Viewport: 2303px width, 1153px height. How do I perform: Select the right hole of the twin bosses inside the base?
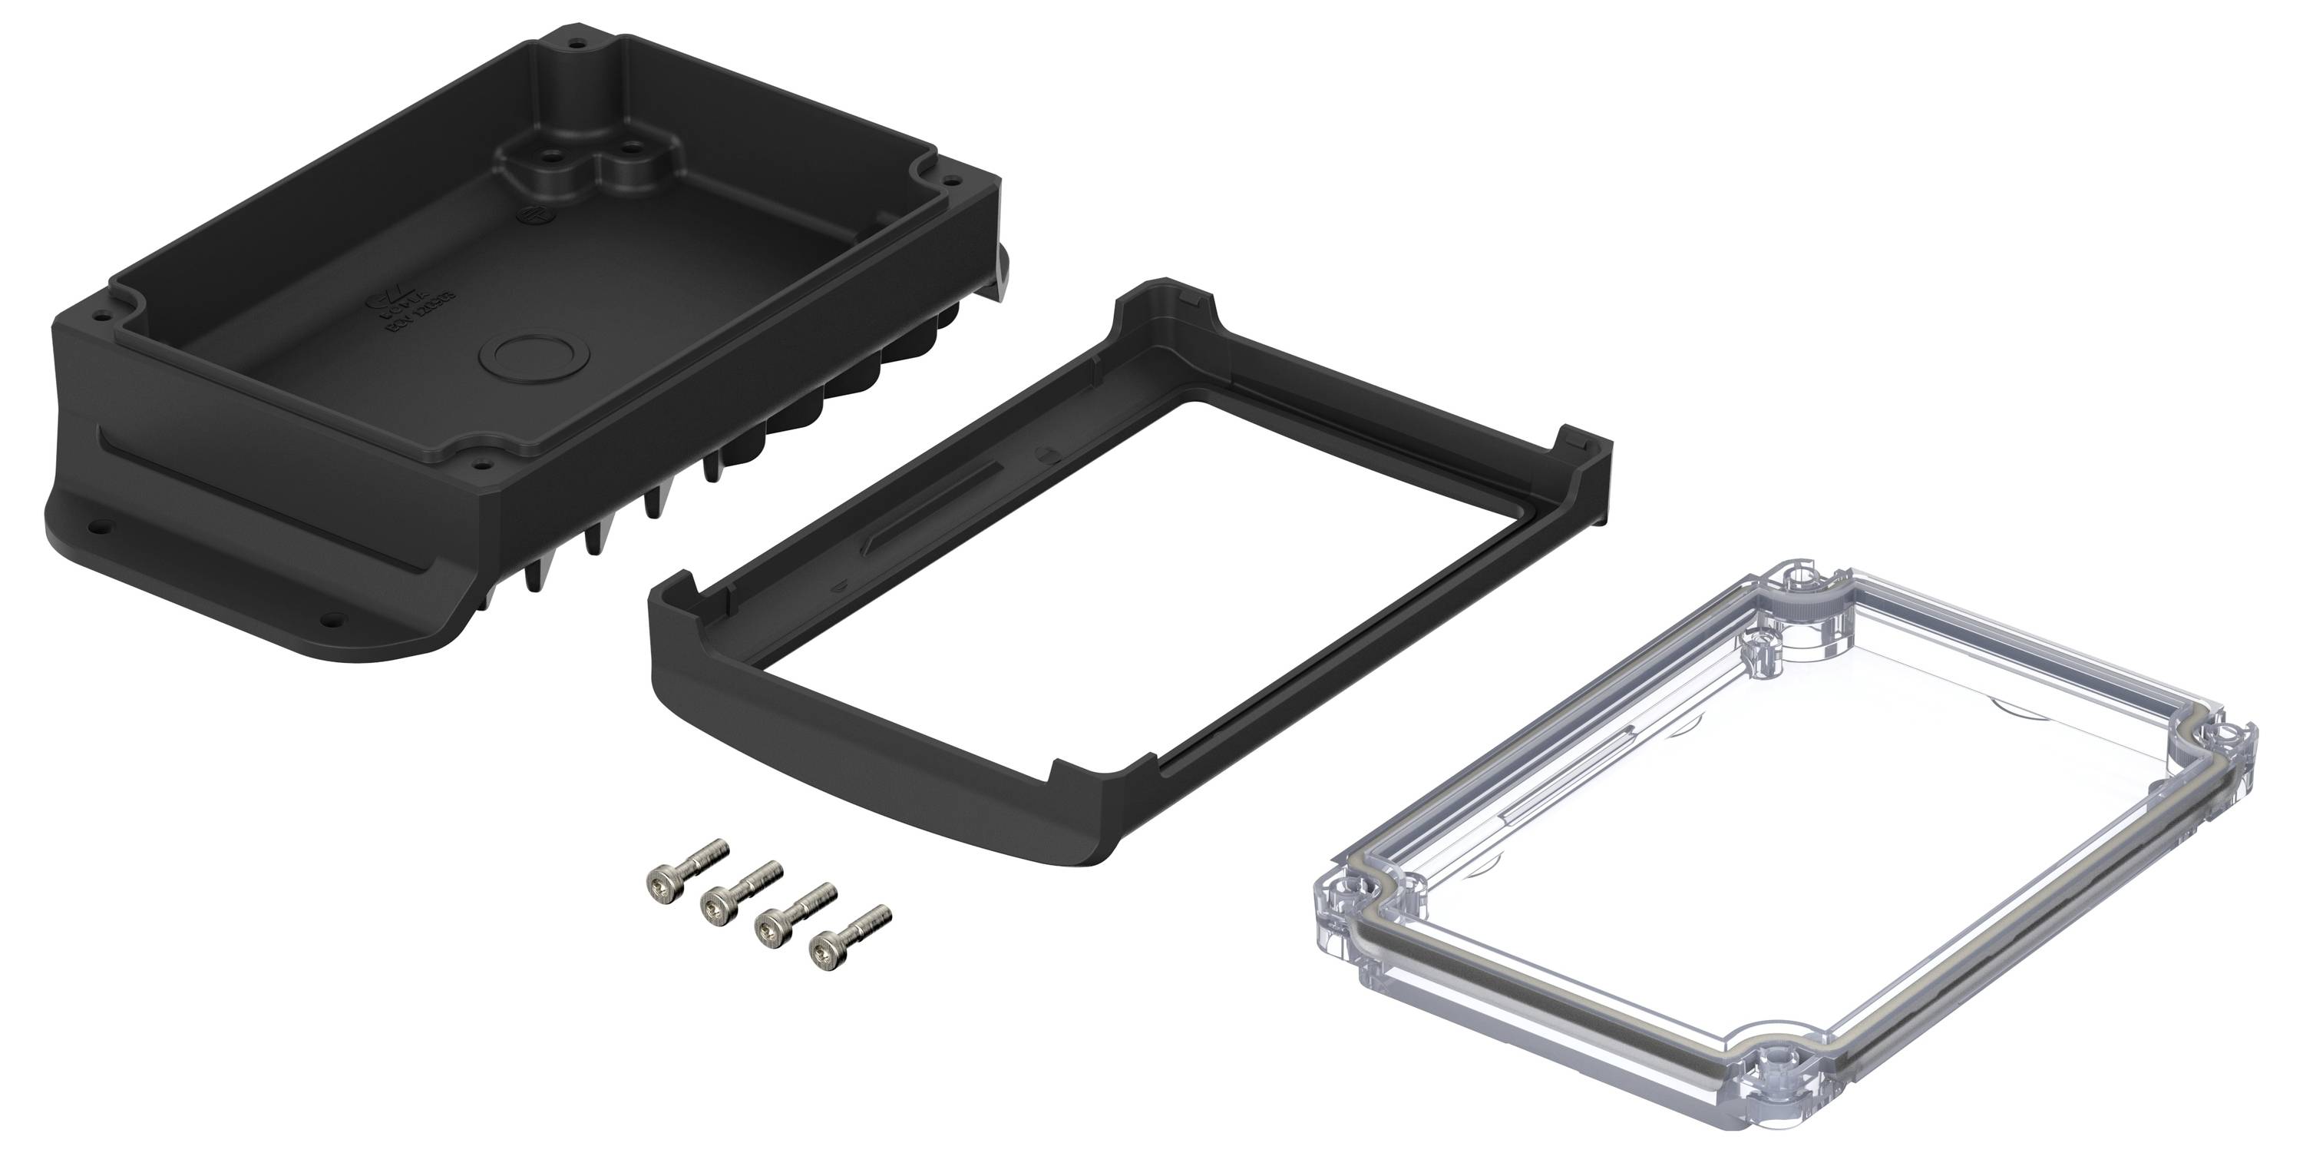point(632,146)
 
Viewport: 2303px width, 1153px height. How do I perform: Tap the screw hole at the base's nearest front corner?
point(484,466)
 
